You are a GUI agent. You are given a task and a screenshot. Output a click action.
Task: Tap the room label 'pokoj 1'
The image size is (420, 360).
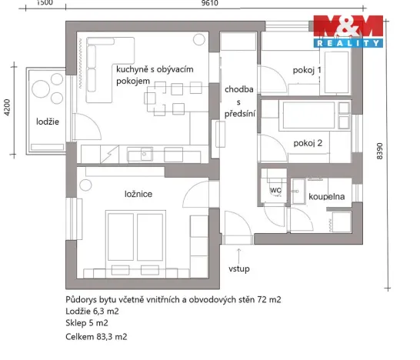point(307,71)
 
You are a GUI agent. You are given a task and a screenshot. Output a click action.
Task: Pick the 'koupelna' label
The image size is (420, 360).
point(327,197)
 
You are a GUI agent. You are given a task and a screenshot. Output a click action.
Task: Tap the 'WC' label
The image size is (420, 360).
point(275,189)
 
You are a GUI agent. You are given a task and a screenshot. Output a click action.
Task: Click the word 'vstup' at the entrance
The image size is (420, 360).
point(239,268)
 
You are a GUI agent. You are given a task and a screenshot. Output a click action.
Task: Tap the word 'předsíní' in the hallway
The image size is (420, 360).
point(239,113)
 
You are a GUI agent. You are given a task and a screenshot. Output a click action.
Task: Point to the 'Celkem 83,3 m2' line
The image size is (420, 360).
point(96,337)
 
